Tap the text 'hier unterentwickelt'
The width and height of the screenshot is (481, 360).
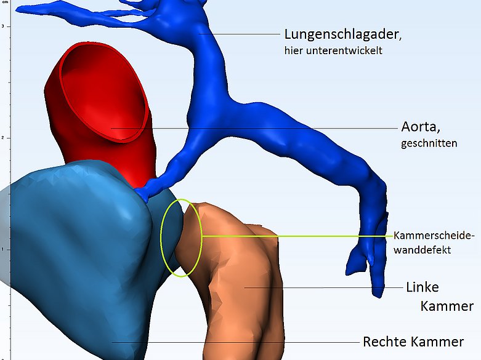click(333, 50)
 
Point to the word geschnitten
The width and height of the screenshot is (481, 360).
click(429, 143)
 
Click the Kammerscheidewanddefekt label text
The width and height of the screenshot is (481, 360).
click(434, 242)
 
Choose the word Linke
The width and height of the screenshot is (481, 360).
click(422, 287)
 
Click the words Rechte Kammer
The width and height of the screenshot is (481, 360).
click(413, 342)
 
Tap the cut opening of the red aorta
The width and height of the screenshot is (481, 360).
click(103, 92)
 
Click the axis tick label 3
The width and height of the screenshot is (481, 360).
click(2, 26)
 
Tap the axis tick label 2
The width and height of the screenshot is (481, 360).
click(2, 138)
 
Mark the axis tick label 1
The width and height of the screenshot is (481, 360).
click(2, 249)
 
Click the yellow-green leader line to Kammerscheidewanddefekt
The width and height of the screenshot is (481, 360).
click(297, 236)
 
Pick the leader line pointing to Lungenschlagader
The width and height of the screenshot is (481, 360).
click(240, 34)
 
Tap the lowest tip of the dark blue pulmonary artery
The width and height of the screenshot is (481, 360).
click(378, 297)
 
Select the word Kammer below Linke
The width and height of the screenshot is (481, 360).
click(447, 306)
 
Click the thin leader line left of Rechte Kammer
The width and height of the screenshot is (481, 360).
click(235, 342)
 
